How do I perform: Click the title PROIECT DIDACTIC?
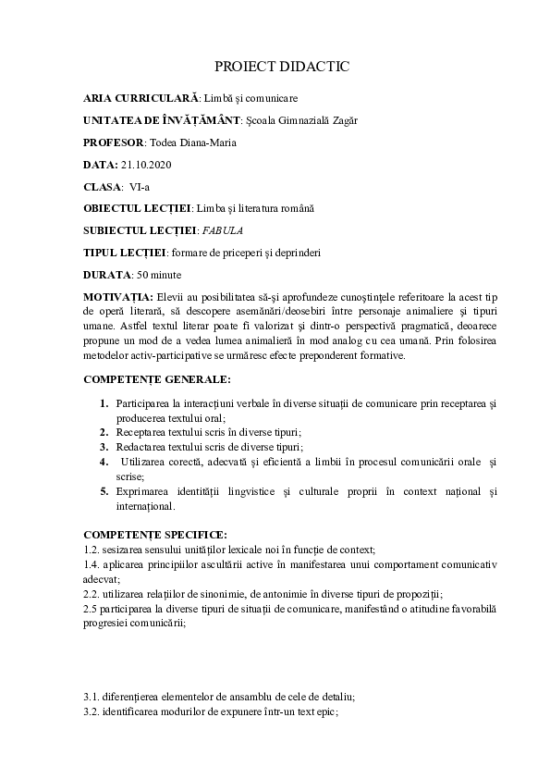282,68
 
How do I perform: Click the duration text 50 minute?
159,275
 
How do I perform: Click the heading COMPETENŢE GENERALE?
157,379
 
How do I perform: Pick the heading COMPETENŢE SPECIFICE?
154,535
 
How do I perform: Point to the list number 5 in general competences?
104,490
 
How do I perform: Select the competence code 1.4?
91,563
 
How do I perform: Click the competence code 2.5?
91,609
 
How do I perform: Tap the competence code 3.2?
91,711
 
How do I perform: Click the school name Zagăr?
343,120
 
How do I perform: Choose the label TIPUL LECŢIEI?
124,253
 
